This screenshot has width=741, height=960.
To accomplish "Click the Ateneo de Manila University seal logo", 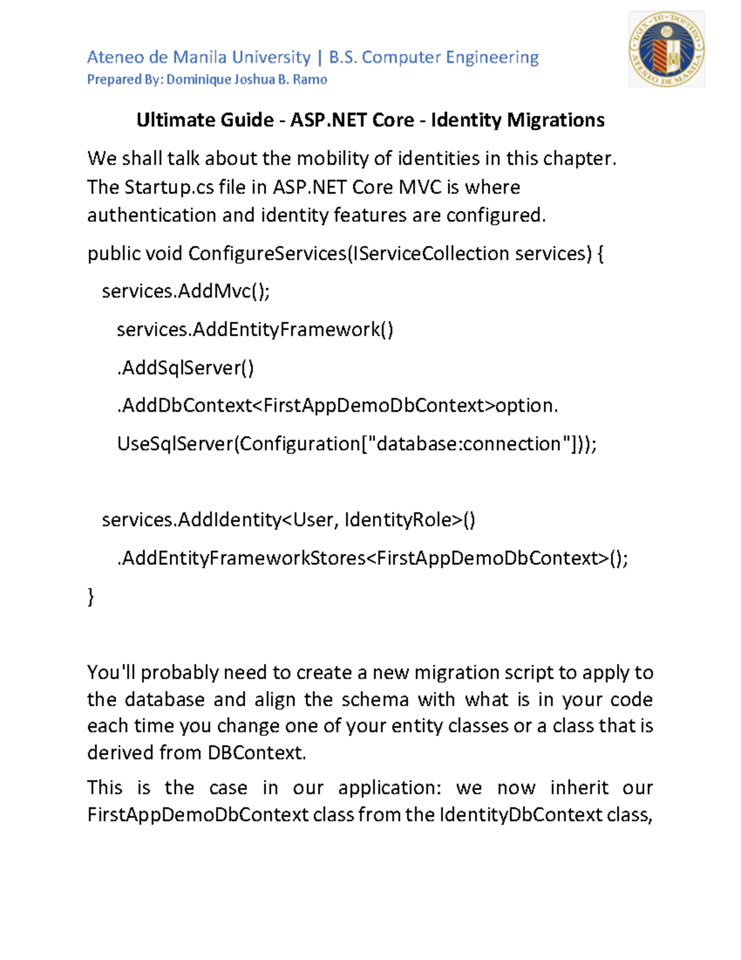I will [x=666, y=49].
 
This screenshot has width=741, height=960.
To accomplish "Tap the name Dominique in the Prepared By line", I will [x=198, y=80].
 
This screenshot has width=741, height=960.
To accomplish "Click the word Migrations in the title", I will [x=556, y=120].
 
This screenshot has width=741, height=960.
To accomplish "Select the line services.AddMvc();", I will [x=186, y=291].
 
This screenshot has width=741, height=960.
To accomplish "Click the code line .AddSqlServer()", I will [x=185, y=368].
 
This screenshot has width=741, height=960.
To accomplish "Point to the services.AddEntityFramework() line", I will [x=255, y=329].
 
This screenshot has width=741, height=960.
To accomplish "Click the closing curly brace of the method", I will [x=91, y=597].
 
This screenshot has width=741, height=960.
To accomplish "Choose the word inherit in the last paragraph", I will [x=579, y=788].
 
